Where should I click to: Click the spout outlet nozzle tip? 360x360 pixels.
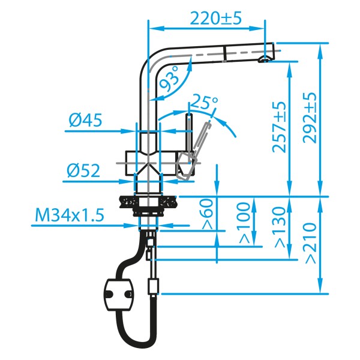264,59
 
